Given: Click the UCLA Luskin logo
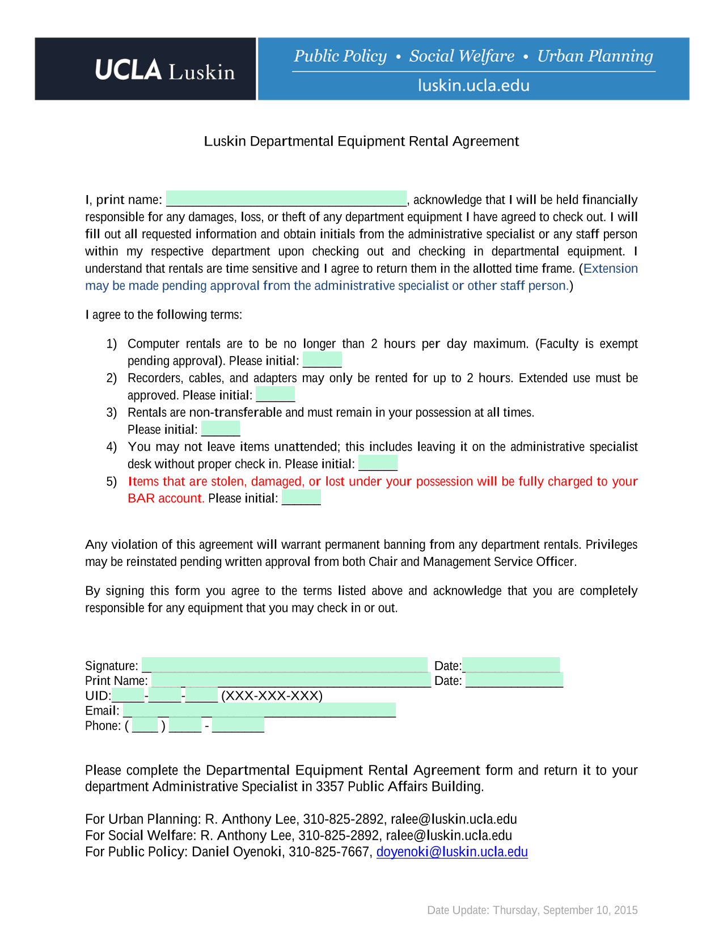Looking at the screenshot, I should click(164, 70).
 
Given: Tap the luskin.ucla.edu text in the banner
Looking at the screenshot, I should click(473, 86).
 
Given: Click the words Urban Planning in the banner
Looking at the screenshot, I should click(595, 56).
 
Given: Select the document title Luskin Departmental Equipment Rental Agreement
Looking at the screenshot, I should click(361, 141).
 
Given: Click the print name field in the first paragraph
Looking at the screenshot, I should click(286, 198).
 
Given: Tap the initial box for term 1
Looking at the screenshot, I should click(322, 359).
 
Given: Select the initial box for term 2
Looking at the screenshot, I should click(276, 394).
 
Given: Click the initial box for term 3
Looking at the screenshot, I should click(221, 429).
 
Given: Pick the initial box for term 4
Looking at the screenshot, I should click(378, 463).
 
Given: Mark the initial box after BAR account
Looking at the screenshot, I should click(301, 497).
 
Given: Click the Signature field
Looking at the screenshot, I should click(285, 665).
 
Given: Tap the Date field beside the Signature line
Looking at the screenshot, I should click(511, 665).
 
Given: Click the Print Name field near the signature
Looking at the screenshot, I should click(291, 680).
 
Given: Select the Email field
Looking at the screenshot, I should click(259, 710).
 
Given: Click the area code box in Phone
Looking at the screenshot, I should click(145, 725).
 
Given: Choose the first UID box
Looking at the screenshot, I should click(128, 695).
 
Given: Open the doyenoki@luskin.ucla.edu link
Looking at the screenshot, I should click(452, 852).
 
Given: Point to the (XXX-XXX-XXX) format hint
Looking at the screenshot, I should click(272, 696).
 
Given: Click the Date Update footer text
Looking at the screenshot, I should click(532, 910).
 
